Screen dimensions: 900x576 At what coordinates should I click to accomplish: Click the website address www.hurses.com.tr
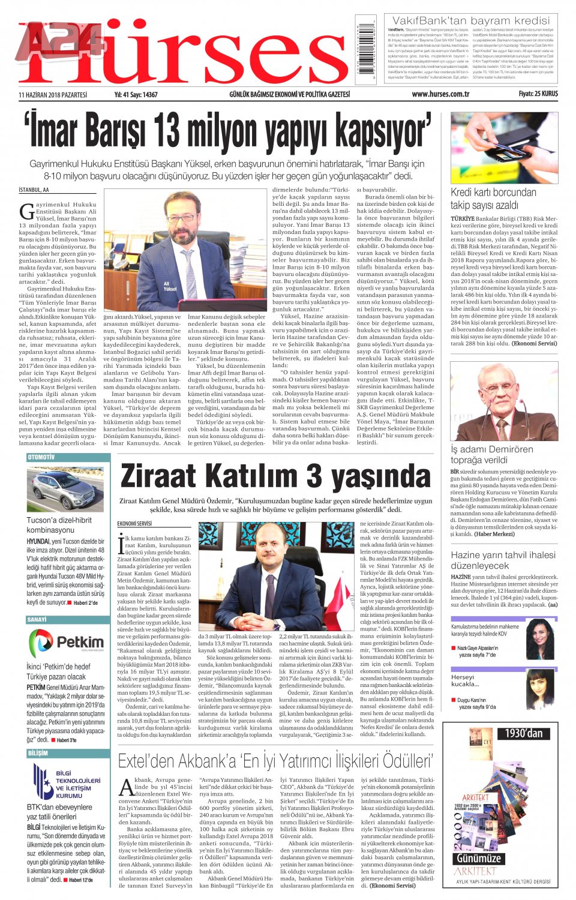pyautogui.click(x=440, y=94)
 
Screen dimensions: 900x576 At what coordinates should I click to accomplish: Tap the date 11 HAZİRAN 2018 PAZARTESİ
pyautogui.click(x=53, y=95)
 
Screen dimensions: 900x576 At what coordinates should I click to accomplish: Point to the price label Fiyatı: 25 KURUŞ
pyautogui.click(x=538, y=94)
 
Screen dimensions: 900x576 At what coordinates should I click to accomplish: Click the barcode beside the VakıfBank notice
pyautogui.click(x=365, y=50)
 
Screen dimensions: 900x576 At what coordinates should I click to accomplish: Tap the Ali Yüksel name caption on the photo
pyautogui.click(x=170, y=286)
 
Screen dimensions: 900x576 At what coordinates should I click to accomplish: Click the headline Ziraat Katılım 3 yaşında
pyautogui.click(x=275, y=476)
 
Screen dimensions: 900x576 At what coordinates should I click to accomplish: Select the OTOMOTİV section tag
pyautogui.click(x=41, y=457)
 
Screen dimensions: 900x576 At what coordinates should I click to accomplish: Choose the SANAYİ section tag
pyautogui.click(x=37, y=619)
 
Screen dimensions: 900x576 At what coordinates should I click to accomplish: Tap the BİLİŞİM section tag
pyautogui.click(x=38, y=752)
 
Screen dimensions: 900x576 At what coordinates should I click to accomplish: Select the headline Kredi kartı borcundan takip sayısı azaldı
pyautogui.click(x=493, y=199)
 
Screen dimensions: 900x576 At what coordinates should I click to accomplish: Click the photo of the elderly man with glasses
pyautogui.click(x=504, y=401)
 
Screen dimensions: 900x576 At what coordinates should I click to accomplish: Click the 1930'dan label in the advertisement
pyautogui.click(x=524, y=733)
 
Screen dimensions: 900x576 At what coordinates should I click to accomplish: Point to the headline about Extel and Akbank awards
pyautogui.click(x=275, y=761)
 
